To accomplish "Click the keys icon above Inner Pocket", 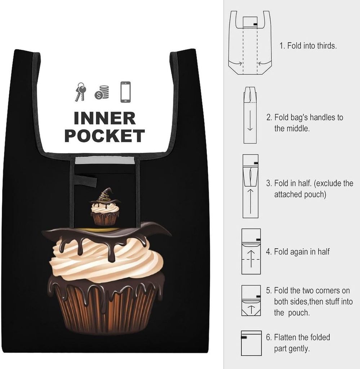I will [80, 92].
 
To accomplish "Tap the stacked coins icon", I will [102, 92].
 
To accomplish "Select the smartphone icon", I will [125, 92].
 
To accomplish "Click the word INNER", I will [105, 118].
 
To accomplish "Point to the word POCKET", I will [105, 136].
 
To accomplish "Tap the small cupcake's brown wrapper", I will [105, 218].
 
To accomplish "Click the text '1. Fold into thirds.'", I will [308, 46].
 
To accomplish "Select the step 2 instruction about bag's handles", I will [305, 123].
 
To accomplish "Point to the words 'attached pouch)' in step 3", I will [300, 195].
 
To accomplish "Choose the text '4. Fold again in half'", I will [298, 252].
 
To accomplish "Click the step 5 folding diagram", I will [251, 301].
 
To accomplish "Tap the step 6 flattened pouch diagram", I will [251, 343].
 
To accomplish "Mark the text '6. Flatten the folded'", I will [298, 338].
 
